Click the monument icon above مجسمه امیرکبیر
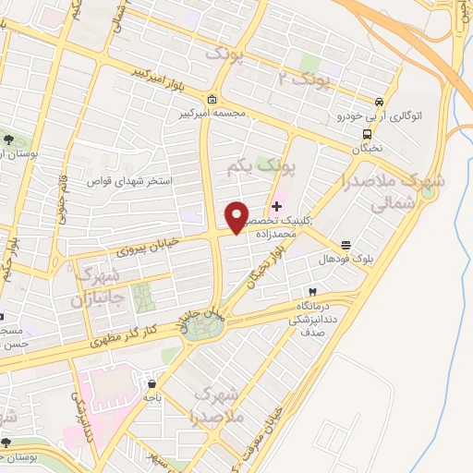(212, 100)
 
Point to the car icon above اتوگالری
(379, 102)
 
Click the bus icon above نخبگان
(367, 134)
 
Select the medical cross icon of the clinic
(276, 205)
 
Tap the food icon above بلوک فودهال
(346, 245)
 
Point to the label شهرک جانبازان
(96, 288)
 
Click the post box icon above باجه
(151, 382)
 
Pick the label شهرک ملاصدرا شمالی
(380, 194)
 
